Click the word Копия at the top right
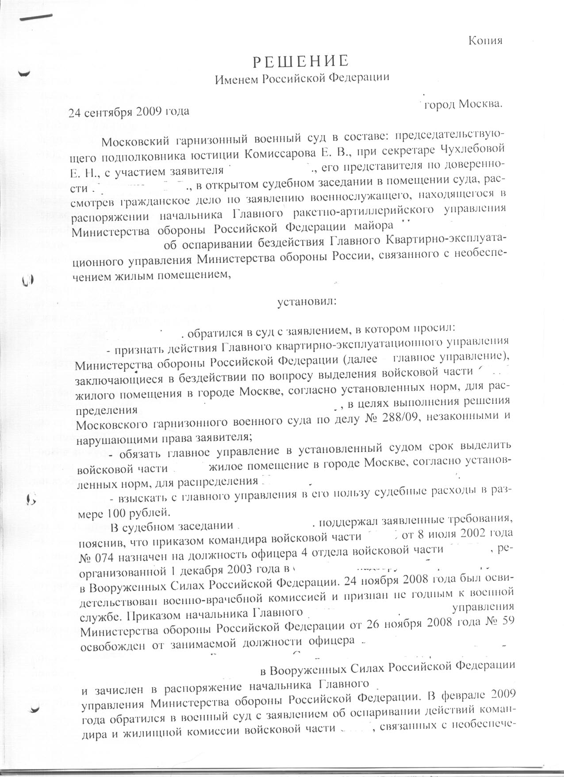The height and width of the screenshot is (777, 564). click(x=485, y=41)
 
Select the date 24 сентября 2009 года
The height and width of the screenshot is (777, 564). click(x=129, y=111)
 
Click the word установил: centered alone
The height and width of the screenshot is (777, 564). click(x=306, y=302)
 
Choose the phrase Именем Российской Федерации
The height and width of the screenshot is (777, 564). click(x=302, y=79)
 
